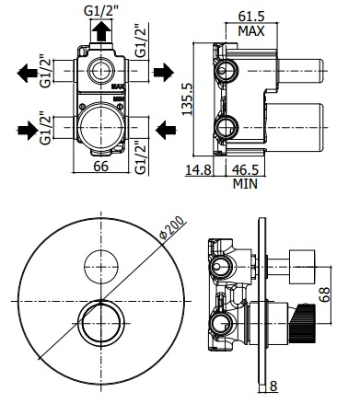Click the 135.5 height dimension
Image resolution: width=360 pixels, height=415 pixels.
click(x=187, y=99)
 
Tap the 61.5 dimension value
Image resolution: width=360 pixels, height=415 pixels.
click(x=251, y=17)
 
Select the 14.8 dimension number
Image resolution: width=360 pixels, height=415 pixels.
click(x=199, y=169)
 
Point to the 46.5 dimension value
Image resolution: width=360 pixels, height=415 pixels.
click(x=246, y=169)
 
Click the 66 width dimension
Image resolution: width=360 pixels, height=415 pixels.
click(x=101, y=167)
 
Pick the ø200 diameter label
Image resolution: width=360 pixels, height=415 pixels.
click(x=172, y=227)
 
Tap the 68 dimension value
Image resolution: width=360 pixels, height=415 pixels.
click(x=325, y=294)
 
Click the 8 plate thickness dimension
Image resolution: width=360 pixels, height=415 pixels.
click(x=273, y=386)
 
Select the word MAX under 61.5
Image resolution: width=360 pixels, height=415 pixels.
click(x=251, y=31)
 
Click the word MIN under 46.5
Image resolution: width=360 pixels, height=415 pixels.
click(x=245, y=184)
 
